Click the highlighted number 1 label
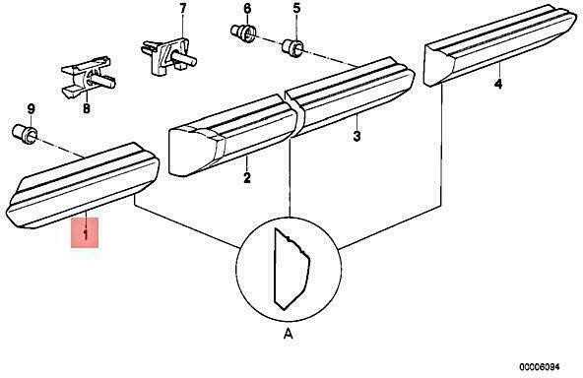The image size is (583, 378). (85, 234)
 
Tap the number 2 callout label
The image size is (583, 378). (247, 177)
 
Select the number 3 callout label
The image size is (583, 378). (356, 136)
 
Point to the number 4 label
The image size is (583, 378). (498, 84)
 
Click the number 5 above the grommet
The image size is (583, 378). (296, 8)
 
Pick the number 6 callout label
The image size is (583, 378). (247, 8)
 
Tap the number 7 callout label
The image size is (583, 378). (182, 8)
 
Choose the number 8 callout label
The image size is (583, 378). (87, 108)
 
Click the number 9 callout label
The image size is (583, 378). (32, 109)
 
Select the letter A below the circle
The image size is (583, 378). (289, 334)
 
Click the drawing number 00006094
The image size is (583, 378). (539, 366)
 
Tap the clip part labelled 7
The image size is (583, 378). (168, 55)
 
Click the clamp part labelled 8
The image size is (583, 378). (88, 77)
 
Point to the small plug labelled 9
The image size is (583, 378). (25, 134)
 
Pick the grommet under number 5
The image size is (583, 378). (293, 48)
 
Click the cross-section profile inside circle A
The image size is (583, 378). (291, 269)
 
